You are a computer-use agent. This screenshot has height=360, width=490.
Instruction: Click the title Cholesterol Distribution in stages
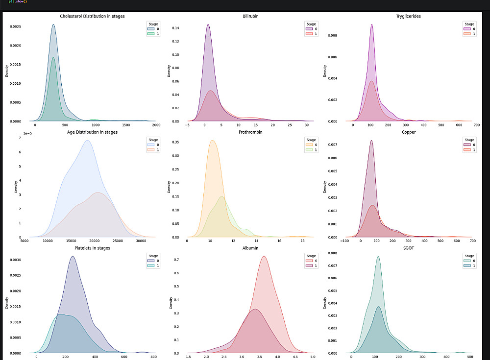click(92, 16)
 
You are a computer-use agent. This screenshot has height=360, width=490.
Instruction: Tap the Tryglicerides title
click(408, 16)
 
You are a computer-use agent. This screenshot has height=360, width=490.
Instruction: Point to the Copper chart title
click(408, 132)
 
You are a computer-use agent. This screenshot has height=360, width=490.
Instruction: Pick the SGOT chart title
click(408, 248)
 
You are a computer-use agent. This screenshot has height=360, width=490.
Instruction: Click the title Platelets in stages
click(92, 248)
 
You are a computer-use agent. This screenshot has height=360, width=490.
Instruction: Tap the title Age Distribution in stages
click(92, 132)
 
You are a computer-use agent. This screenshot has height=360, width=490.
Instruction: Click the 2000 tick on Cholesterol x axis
click(156, 126)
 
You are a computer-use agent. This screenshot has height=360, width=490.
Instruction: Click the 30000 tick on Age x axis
click(141, 241)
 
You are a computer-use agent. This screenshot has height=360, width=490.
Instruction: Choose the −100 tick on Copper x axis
click(344, 241)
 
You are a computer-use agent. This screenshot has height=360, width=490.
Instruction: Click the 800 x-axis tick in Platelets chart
click(153, 358)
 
